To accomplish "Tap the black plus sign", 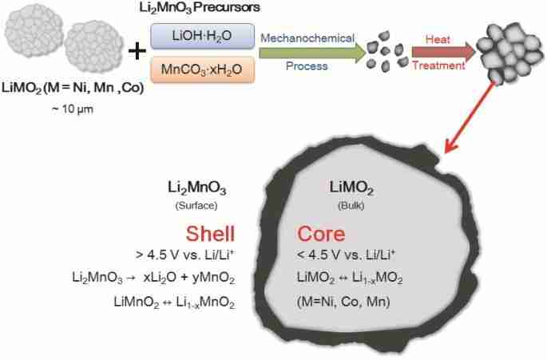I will point(137,52).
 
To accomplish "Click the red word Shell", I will point(210,234).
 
